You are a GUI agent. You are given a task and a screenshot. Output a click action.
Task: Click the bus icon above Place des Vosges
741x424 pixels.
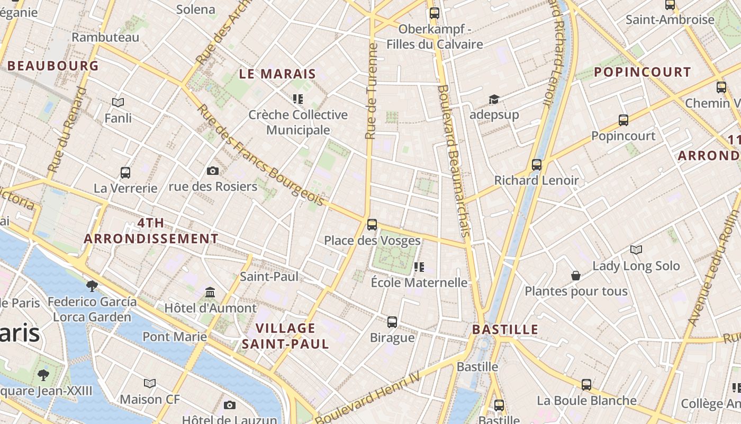(372, 224)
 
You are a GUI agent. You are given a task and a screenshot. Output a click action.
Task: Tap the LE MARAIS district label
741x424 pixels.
(277, 74)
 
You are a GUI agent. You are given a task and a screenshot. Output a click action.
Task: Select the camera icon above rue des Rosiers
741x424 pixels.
(213, 171)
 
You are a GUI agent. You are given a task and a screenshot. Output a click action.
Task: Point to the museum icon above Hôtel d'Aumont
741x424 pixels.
(210, 292)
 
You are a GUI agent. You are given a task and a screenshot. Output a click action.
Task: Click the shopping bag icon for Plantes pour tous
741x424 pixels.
(576, 276)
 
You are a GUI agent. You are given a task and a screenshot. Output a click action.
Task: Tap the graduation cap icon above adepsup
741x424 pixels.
(494, 99)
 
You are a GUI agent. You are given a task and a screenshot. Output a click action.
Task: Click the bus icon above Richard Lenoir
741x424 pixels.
(537, 164)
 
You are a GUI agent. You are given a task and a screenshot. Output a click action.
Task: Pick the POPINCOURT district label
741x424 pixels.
(642, 72)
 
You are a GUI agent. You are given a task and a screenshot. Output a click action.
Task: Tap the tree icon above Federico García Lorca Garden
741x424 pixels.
(92, 286)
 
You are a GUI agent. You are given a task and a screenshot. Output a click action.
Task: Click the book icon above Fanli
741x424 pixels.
(118, 102)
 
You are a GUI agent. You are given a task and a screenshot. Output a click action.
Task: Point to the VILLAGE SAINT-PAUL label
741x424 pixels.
(285, 335)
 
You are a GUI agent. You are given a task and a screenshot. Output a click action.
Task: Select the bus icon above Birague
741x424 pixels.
(392, 322)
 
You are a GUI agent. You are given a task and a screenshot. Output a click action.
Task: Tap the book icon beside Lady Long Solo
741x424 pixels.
(636, 250)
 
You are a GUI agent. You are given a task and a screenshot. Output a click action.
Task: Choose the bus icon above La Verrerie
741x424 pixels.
(125, 172)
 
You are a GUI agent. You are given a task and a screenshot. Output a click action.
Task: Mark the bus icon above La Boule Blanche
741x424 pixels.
(586, 385)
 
